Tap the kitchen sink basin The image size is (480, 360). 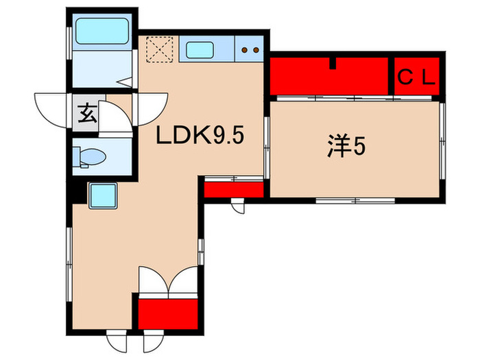pos(200,49)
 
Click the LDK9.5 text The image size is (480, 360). pos(200,137)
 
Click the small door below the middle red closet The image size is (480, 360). pos(238,205)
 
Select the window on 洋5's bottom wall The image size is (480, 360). pos(356,200)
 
